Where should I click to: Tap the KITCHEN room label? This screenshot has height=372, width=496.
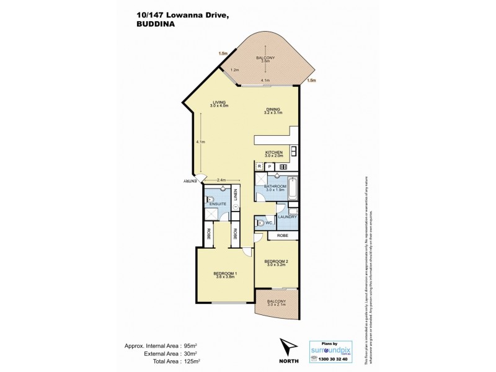click(274, 153)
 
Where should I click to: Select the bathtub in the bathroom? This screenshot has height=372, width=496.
click(294, 188)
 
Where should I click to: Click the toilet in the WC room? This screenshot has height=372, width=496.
click(262, 223)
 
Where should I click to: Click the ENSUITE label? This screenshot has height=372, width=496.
click(218, 204)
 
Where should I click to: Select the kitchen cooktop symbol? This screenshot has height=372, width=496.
click(294, 151)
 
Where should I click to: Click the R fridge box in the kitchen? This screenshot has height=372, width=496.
click(259, 166)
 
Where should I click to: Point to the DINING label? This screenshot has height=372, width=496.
click(273, 109)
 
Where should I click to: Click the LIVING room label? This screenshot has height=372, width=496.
click(219, 102)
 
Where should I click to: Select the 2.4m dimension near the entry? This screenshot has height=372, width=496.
click(221, 180)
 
